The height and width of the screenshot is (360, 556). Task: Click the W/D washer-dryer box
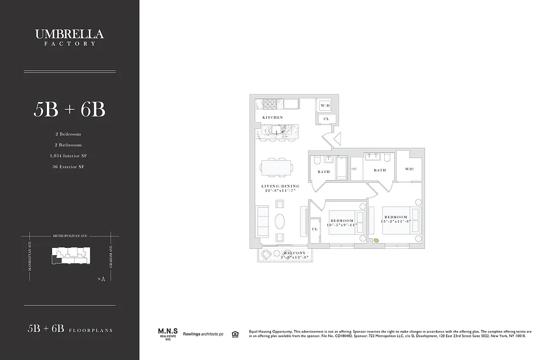324,106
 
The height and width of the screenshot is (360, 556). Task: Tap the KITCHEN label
273,117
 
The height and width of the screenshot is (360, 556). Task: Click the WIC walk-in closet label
409,169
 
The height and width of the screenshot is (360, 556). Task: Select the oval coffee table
280,222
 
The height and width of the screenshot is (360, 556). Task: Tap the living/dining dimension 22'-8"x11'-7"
280,191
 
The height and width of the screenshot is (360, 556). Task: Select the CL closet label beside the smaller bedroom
315,229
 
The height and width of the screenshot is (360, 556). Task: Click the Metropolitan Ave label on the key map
70,235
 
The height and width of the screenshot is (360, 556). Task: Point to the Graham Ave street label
111,257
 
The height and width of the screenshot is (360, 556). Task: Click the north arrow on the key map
103,279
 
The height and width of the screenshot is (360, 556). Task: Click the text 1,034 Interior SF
68,156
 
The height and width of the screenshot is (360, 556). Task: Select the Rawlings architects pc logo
203,334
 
